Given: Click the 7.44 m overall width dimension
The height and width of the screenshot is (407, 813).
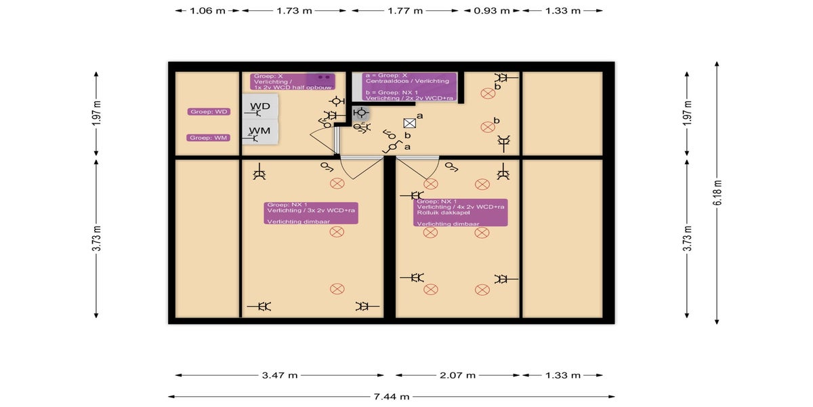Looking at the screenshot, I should click(391, 397).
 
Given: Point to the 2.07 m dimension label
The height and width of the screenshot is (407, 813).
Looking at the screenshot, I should click(459, 375).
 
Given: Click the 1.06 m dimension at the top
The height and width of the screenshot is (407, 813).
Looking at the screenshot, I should click(208, 11).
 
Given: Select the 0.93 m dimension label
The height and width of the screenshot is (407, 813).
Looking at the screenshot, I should click(493, 11).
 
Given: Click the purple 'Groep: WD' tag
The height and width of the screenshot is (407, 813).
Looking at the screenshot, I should click(209, 111).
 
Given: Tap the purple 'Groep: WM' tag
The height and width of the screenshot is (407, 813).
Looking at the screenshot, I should click(209, 138).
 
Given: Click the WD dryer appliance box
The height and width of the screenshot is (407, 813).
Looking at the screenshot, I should click(261, 107).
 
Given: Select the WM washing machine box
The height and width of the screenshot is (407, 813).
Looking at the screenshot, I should click(261, 131).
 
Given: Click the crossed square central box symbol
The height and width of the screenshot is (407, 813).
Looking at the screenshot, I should click(409, 123).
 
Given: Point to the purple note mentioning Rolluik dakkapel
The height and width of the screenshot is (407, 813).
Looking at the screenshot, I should click(461, 212).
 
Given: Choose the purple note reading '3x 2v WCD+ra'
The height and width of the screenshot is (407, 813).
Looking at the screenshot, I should click(311, 212).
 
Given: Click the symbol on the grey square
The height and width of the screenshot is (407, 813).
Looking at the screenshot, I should click(361, 113).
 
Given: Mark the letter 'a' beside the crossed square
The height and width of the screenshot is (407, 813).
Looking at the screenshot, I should click(420, 117).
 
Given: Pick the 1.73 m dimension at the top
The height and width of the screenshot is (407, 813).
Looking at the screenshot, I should click(295, 11).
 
